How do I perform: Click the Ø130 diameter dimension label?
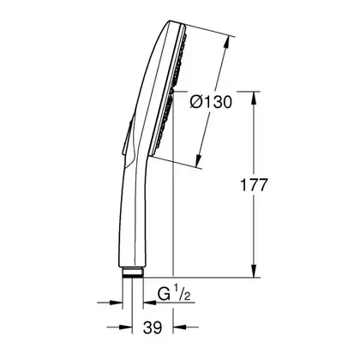[x=211, y=101]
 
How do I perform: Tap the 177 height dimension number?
[x=254, y=185]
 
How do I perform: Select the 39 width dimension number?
[x=153, y=327]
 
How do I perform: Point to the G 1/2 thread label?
[x=174, y=294]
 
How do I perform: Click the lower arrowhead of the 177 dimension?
[x=254, y=271]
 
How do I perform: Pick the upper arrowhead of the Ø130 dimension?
[x=227, y=42]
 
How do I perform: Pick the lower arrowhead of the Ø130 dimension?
[x=199, y=160]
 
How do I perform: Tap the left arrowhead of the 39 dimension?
[x=125, y=327]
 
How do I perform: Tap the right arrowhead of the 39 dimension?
[x=180, y=327]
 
